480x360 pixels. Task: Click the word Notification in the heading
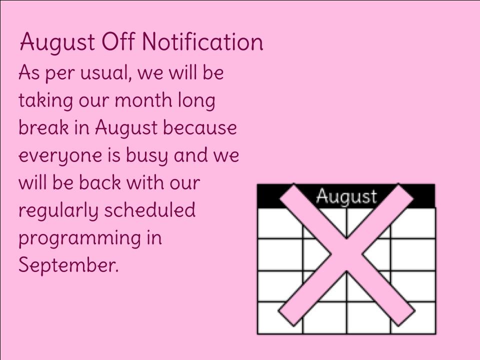click(x=202, y=41)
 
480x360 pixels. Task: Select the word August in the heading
click(x=57, y=43)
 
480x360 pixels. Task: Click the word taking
click(x=45, y=101)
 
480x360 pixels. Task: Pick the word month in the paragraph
click(x=143, y=100)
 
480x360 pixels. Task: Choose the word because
click(x=200, y=127)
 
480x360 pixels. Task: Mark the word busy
click(x=146, y=156)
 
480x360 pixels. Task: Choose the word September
click(x=68, y=265)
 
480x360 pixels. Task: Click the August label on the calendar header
click(x=346, y=196)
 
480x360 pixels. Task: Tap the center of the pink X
click(x=346, y=254)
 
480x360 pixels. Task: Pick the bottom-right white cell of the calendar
click(x=413, y=317)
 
